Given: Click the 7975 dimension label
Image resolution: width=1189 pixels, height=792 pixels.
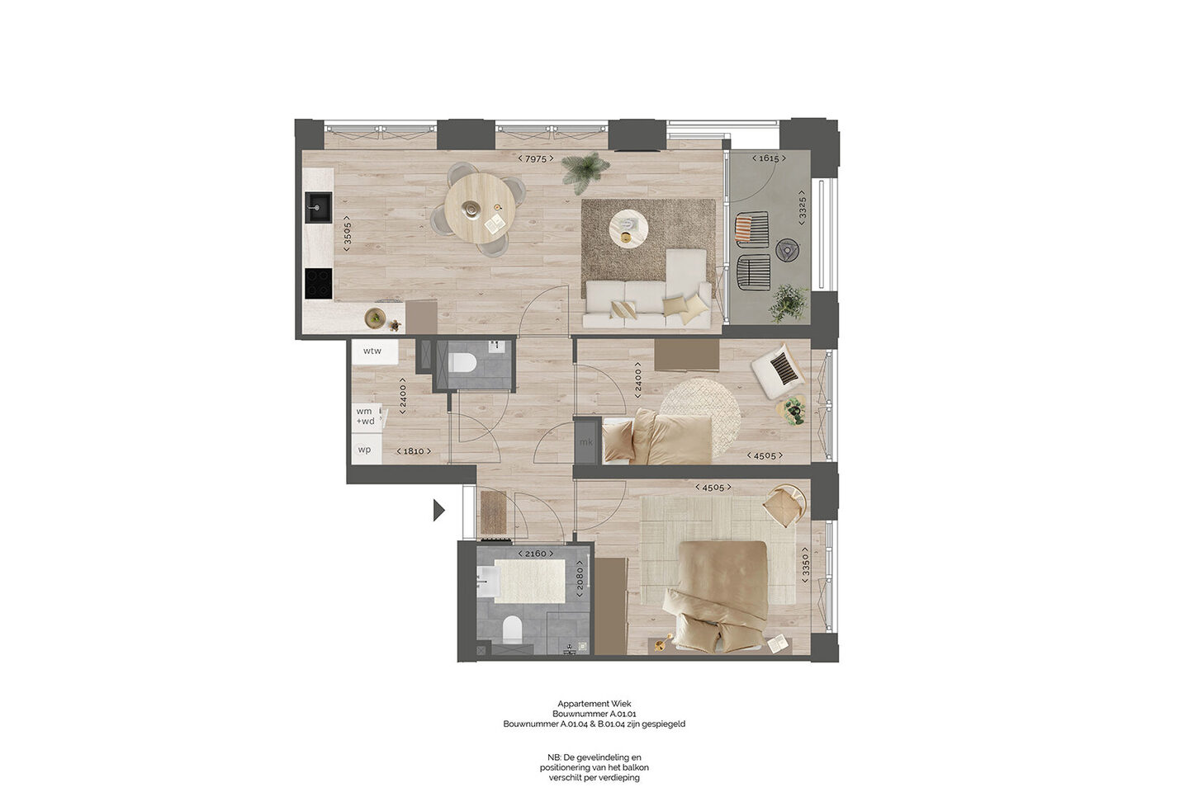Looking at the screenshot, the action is [x=536, y=158].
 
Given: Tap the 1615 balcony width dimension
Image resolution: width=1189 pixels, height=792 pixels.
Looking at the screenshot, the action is [x=769, y=158].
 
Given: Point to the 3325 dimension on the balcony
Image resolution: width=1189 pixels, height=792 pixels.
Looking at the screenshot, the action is [x=802, y=207].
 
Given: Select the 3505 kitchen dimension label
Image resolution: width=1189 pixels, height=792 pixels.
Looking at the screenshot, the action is [x=347, y=233].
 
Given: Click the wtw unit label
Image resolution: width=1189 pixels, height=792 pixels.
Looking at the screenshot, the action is [x=372, y=351].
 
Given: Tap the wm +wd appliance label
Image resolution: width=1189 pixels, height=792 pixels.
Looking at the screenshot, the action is [x=365, y=417].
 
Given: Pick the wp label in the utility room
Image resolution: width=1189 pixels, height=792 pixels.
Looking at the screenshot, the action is [x=364, y=450].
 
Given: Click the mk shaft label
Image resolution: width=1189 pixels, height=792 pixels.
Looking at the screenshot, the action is [x=586, y=442].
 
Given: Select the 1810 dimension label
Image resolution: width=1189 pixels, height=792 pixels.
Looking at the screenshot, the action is [x=414, y=451].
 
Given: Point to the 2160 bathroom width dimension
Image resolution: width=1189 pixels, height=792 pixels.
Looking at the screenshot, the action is [x=535, y=554].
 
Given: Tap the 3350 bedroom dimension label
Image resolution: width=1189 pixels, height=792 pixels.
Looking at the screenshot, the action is [x=806, y=565].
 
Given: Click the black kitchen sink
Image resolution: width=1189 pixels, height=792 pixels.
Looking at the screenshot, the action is [x=318, y=207].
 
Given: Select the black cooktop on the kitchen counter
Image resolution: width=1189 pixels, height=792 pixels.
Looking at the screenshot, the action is [x=319, y=283].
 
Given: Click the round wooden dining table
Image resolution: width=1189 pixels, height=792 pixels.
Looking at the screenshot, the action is [x=480, y=208].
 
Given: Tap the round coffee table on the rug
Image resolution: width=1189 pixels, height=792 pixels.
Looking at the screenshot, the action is [x=628, y=228].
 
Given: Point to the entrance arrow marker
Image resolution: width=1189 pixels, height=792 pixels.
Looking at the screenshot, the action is [x=439, y=511].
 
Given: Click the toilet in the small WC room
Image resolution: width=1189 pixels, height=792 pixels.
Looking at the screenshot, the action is [x=462, y=363].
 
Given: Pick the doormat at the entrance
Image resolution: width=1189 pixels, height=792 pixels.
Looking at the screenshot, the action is [x=494, y=511].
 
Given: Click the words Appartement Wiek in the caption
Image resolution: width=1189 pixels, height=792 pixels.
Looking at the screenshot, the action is [x=594, y=704].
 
